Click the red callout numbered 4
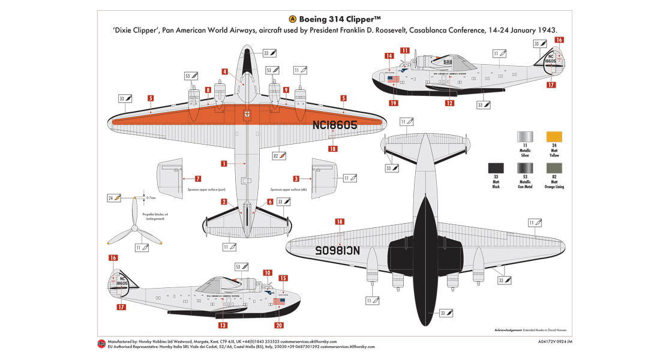coord(224,71)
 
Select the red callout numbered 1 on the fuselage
coord(223,163)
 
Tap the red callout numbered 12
coord(449,103)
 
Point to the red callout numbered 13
coord(223,325)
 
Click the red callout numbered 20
coord(278,325)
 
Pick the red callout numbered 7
coord(198,179)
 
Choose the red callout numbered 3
coord(296,179)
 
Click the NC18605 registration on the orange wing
coord(335,125)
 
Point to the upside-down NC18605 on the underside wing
coord(335,250)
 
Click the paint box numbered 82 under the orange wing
coord(279,155)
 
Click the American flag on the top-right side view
coord(393,79)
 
